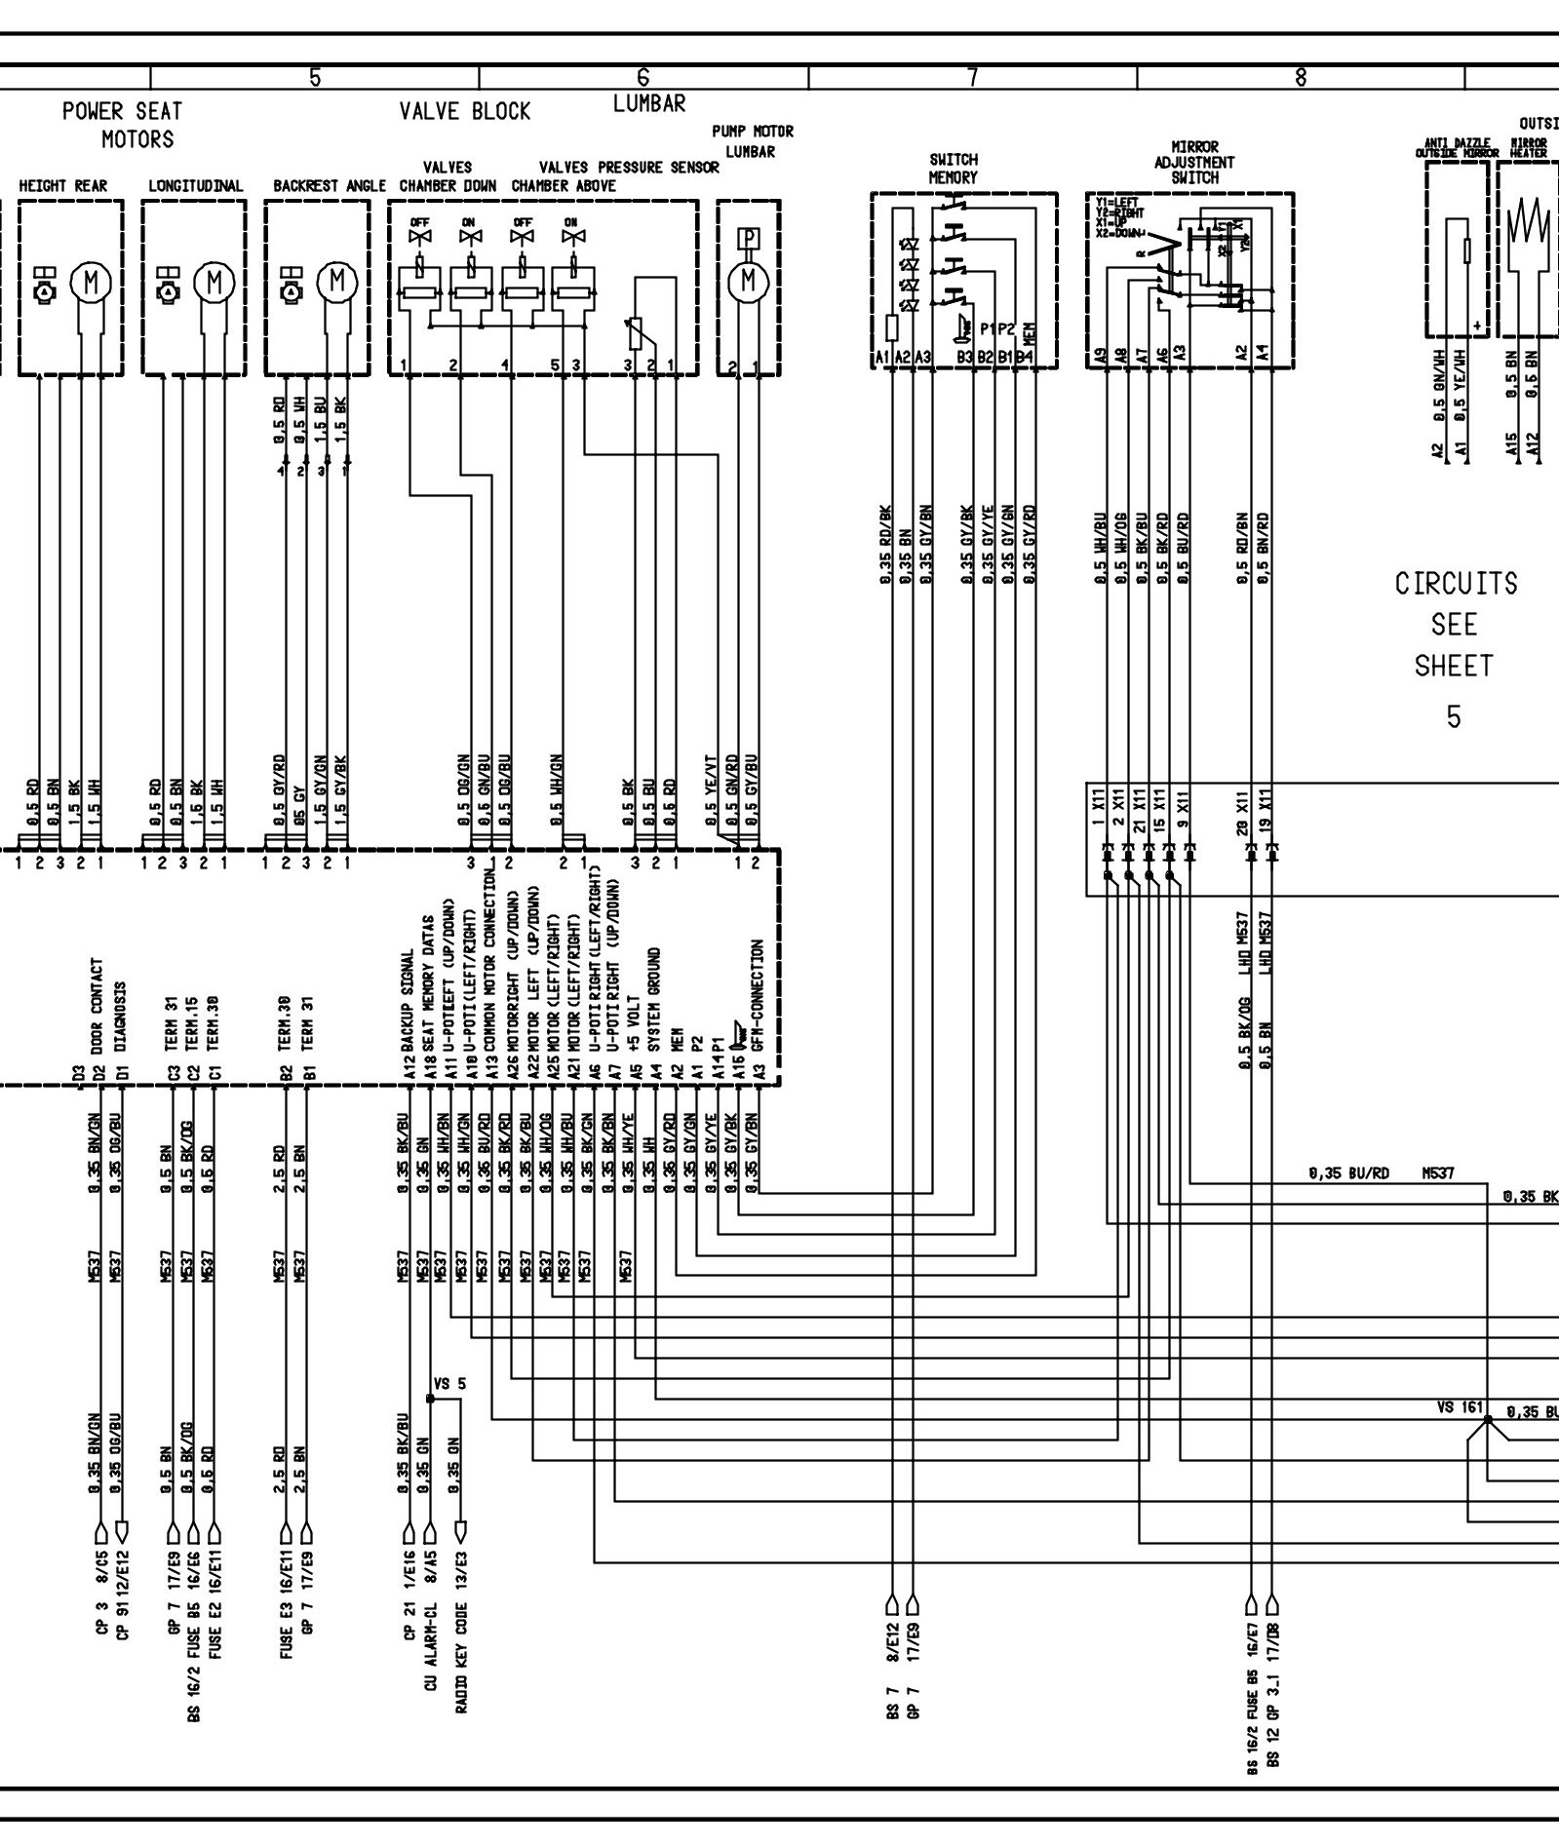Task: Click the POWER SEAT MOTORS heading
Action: (122, 125)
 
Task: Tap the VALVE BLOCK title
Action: (465, 111)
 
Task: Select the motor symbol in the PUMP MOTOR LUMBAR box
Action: (748, 281)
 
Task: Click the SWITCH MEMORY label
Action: (953, 168)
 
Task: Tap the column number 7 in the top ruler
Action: (972, 78)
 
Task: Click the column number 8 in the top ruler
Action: (1301, 78)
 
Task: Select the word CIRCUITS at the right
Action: (1456, 584)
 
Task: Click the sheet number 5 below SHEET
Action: (1454, 717)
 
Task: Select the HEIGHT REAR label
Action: (63, 185)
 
